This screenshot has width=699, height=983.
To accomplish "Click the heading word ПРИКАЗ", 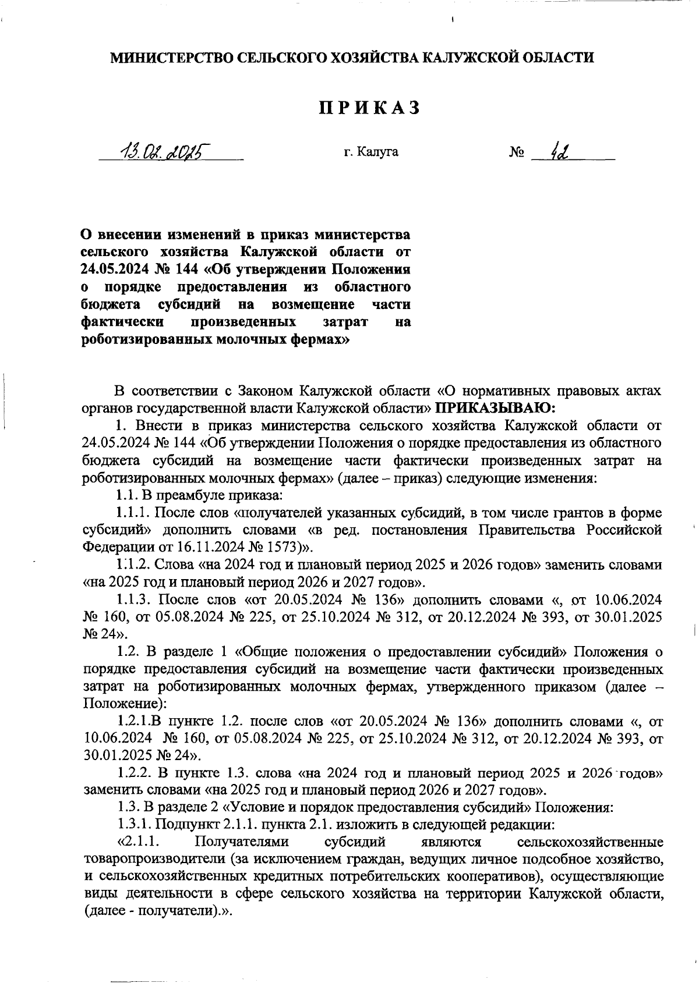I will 369,108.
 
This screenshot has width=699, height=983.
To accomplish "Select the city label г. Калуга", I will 371,152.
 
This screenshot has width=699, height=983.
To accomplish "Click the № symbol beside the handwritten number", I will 517,153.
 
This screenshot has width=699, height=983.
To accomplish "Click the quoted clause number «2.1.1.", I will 139,842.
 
